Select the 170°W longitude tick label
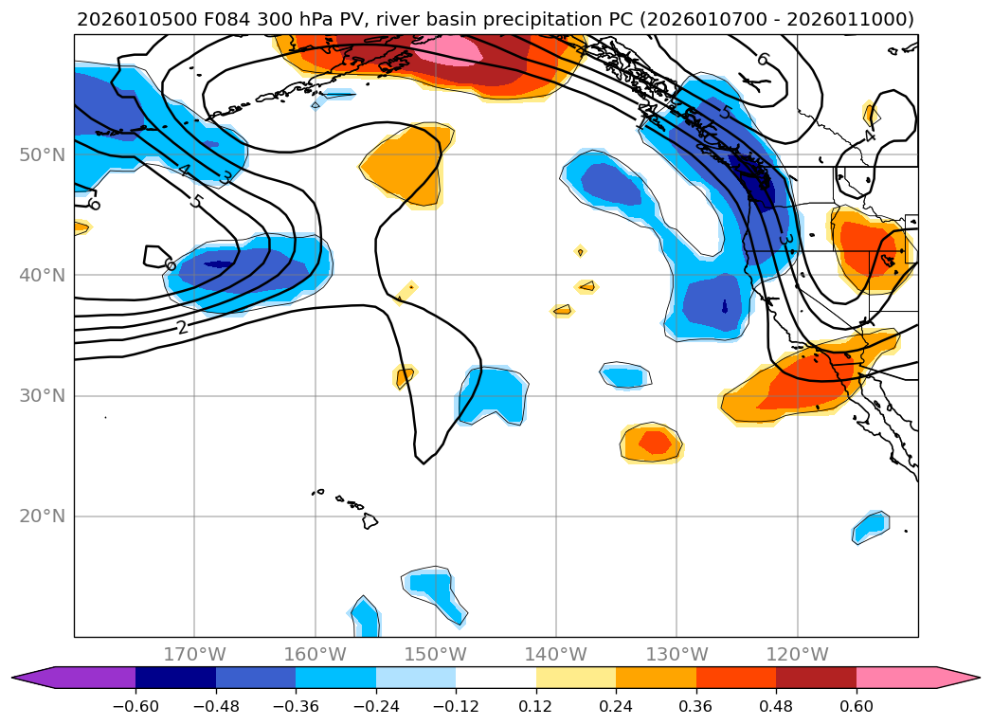194,654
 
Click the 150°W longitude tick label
436,654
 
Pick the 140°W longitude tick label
556,654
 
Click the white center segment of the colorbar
496,678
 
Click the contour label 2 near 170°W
182,328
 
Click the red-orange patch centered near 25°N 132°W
655,442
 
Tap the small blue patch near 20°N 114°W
871,525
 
